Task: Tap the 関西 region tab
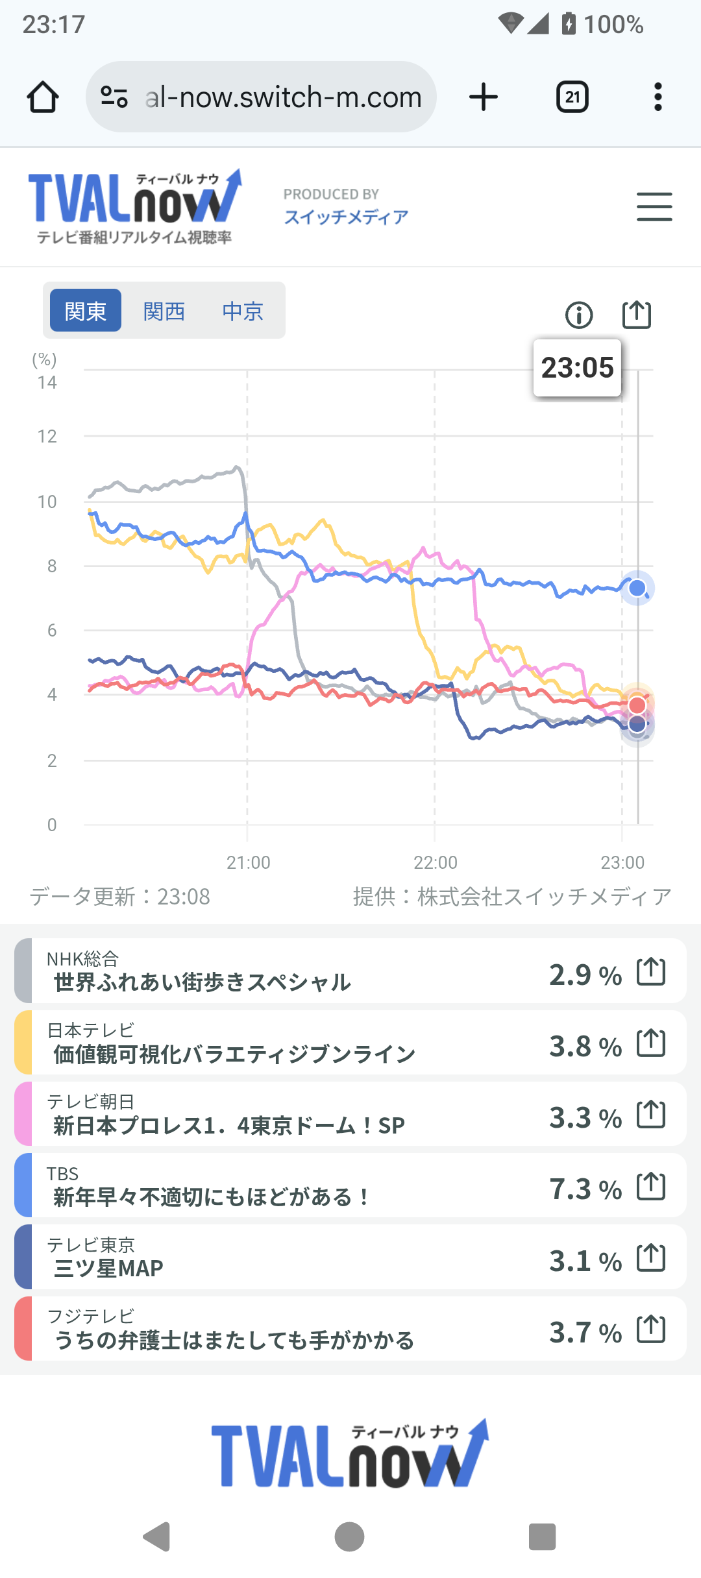[x=164, y=311]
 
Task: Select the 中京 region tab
[x=243, y=311]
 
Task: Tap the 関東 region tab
[x=86, y=311]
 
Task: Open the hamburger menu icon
[x=654, y=207]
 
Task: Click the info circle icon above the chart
[x=579, y=315]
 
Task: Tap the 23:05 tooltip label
[x=577, y=368]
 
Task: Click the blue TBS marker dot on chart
[x=637, y=588]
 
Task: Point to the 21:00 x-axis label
[x=248, y=862]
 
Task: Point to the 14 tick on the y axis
[x=47, y=383]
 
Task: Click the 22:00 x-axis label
[x=436, y=862]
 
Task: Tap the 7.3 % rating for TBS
[x=585, y=1189]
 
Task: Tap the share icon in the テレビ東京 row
[x=651, y=1258]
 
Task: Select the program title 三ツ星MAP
[x=108, y=1268]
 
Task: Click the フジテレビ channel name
[x=91, y=1317]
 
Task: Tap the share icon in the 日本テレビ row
[x=651, y=1043]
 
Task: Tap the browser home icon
[x=43, y=97]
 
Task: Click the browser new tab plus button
[x=484, y=97]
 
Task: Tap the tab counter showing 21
[x=572, y=97]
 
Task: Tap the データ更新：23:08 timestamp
[x=120, y=897]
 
